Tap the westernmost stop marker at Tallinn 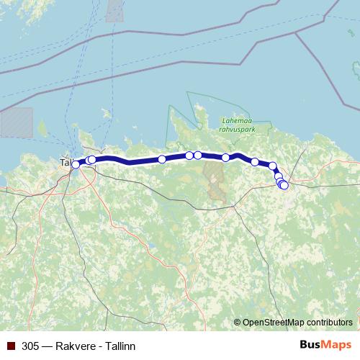(76, 165)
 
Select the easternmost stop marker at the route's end (284, 185)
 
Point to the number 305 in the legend (30, 346)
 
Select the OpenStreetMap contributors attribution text (297, 322)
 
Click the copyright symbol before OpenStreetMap (238, 322)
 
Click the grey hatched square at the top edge (114, 10)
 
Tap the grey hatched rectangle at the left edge (16, 122)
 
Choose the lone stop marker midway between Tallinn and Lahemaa (162, 159)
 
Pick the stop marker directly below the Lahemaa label (225, 158)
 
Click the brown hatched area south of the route (214, 179)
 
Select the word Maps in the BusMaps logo (337, 346)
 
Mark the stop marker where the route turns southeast (273, 166)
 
